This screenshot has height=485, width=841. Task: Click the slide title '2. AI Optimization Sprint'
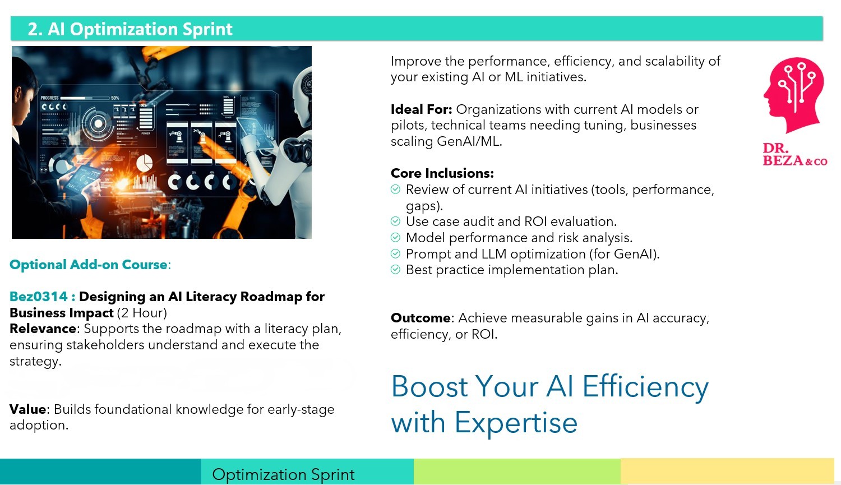(130, 29)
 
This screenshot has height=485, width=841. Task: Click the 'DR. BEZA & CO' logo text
(795, 154)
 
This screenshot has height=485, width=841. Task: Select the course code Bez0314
(38, 297)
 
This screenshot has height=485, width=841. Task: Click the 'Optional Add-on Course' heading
(88, 265)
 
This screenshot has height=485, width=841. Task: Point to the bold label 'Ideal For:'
(421, 109)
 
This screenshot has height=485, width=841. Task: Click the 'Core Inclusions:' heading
(442, 173)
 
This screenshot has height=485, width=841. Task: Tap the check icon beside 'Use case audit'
(395, 221)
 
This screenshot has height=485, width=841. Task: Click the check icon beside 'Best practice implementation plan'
(395, 269)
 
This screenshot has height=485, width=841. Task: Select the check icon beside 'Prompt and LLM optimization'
(395, 253)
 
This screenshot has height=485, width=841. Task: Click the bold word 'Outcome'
(420, 318)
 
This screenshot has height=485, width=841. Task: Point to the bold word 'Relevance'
(43, 329)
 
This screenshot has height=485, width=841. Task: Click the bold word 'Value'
(28, 409)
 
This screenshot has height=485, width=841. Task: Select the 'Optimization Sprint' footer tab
(307, 472)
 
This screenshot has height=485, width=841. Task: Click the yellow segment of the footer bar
(727, 471)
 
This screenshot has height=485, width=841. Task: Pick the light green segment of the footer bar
(517, 472)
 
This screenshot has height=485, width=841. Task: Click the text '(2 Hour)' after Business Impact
(142, 313)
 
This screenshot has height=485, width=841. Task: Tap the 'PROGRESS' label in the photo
(49, 98)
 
